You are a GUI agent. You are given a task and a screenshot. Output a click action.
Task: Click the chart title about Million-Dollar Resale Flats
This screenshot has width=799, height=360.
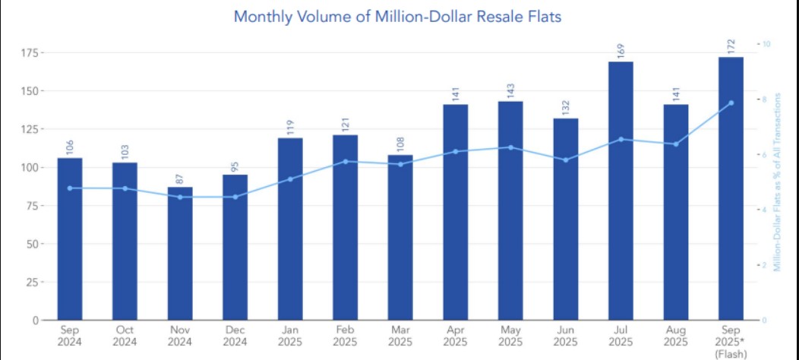(x=397, y=16)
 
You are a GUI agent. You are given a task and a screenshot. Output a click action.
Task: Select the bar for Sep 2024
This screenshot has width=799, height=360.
(x=70, y=238)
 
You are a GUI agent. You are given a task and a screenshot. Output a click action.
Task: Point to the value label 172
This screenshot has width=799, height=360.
(x=731, y=44)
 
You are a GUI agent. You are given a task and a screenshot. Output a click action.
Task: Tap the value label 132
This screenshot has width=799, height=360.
(x=566, y=106)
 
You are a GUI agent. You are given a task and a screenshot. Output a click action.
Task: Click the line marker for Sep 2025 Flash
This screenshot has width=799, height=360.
(x=731, y=103)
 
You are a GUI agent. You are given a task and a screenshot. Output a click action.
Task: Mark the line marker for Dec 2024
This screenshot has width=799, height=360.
(x=235, y=197)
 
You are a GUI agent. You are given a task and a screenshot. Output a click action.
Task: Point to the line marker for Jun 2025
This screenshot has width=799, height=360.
(x=566, y=159)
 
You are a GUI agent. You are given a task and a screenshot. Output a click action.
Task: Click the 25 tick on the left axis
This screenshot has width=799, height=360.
(x=33, y=283)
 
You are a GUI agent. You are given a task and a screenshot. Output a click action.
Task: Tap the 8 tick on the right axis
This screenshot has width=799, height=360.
(x=766, y=99)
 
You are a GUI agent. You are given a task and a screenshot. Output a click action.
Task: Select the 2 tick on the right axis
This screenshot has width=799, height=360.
(x=766, y=265)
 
